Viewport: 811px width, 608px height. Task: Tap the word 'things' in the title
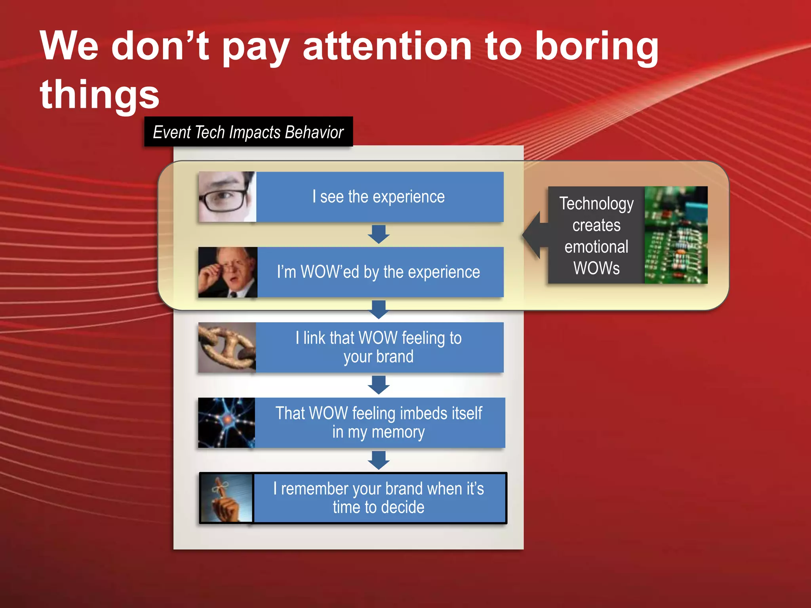99,95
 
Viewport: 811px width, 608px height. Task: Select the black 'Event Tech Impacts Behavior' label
248,132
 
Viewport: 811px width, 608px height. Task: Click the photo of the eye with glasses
227,197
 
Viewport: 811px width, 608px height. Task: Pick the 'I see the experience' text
379,197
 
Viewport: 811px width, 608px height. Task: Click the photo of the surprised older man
228,272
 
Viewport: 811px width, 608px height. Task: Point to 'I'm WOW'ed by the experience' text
379,272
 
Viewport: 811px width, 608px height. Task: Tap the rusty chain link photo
227,347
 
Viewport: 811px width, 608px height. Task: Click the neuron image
227,423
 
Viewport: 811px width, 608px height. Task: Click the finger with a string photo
226,498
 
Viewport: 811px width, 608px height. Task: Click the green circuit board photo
676,235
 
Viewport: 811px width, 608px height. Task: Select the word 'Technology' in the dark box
596,204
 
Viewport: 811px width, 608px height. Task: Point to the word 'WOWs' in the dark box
596,268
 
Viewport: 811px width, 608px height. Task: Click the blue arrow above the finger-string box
379,460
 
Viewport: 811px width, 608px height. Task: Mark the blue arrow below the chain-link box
379,385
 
